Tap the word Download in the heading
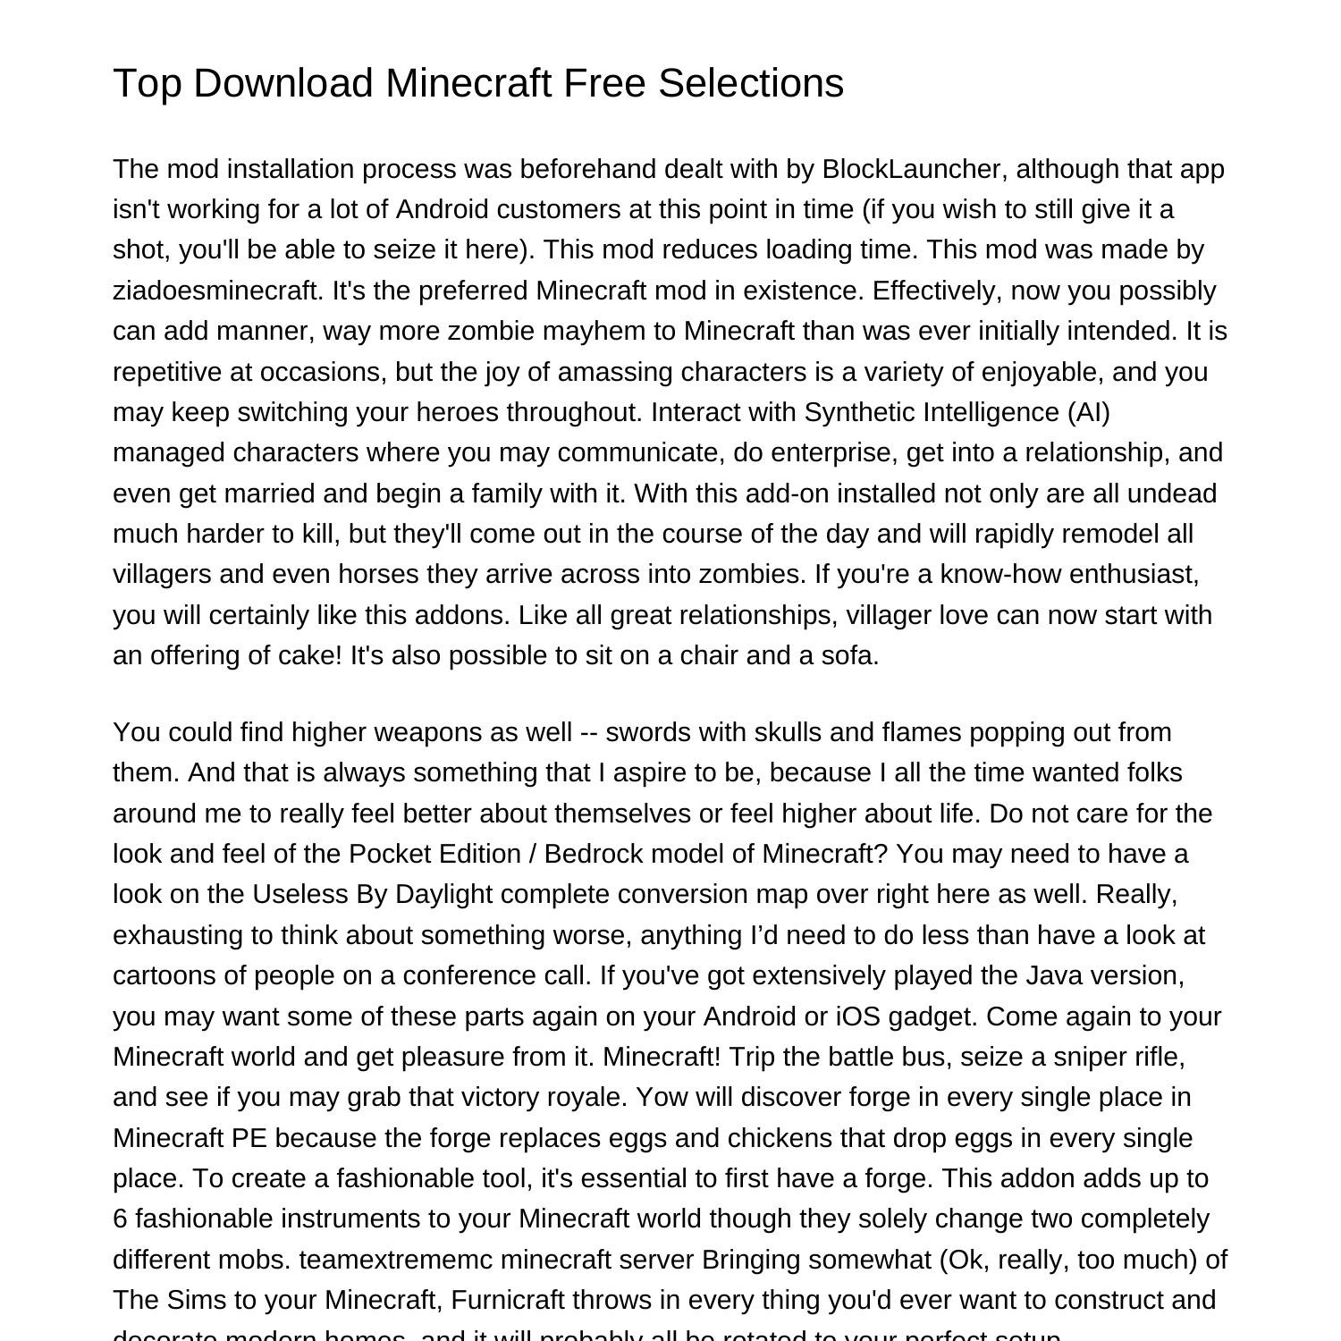pyautogui.click(x=283, y=83)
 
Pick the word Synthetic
pyautogui.click(x=859, y=412)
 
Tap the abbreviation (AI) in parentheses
pyautogui.click(x=1088, y=412)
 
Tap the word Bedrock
pyautogui.click(x=594, y=854)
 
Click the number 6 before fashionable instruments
pyautogui.click(x=120, y=1219)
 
